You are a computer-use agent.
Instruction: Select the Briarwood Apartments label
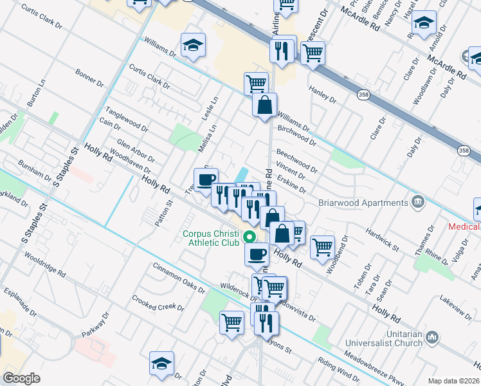[x=364, y=203]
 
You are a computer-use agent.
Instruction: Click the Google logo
[x=22, y=378]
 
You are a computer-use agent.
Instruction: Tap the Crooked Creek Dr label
[x=158, y=303]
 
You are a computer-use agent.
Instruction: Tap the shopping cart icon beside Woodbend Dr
[x=322, y=246]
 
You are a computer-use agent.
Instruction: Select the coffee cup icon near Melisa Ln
[x=206, y=179]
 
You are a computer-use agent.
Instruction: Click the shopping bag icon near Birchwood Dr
[x=264, y=104]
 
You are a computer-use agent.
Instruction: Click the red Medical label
[x=464, y=226]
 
